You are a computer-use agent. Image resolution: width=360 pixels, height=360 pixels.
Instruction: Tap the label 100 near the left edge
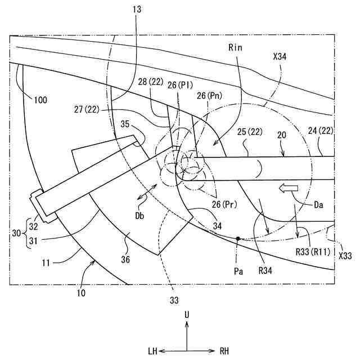tap(40, 101)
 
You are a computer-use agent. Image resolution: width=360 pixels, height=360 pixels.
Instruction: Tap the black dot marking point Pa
tap(239, 238)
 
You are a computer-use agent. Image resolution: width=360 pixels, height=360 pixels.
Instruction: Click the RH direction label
tap(224, 352)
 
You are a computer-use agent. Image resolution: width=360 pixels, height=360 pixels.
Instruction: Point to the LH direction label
tap(152, 352)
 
